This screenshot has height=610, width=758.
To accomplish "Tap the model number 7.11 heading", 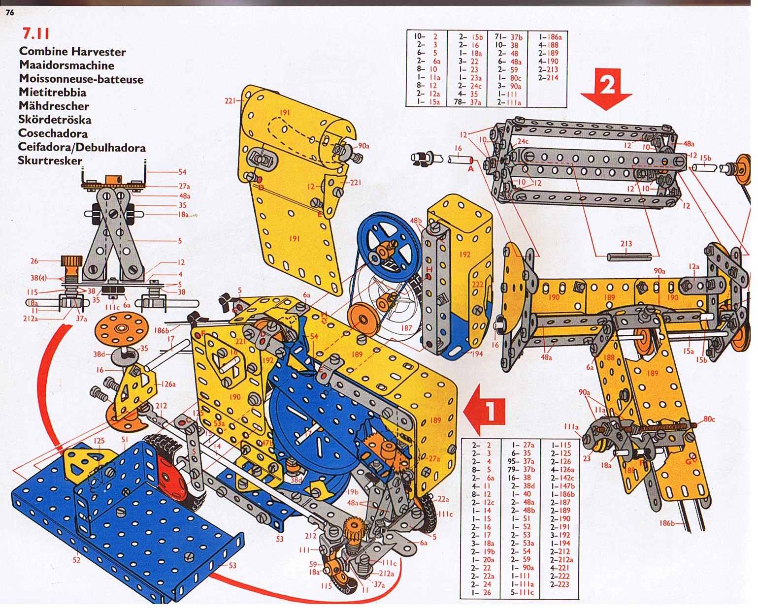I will [36, 33].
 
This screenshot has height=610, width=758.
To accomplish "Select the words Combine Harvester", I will [72, 52].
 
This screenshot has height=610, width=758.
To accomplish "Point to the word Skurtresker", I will [50, 161].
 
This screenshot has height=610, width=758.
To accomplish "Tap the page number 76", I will [10, 13].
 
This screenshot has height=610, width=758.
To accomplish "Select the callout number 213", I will [626, 244].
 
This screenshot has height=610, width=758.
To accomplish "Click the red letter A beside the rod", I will [470, 169].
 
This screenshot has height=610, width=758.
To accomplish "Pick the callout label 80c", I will [709, 419].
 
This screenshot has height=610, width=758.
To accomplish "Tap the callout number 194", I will [476, 353].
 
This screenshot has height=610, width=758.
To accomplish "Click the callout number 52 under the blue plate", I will [76, 560].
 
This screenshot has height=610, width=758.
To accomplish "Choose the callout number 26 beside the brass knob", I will [34, 261].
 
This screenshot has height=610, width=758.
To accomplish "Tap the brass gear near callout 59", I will [352, 532].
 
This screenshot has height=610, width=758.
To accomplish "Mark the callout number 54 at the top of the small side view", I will [182, 172].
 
